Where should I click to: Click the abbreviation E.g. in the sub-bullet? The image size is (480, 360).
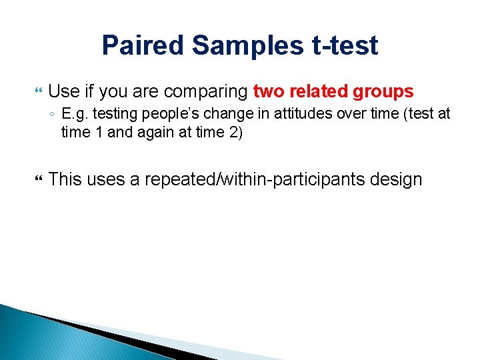73,114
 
